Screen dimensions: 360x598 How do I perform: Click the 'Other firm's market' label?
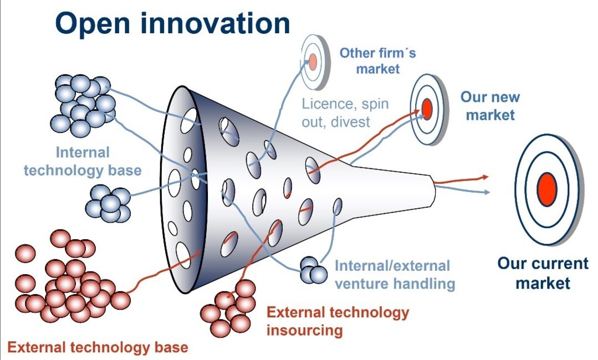377,61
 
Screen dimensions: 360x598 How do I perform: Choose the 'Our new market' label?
490,106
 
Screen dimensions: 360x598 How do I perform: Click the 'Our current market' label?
543,272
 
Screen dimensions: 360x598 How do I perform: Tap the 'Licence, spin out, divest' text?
345,112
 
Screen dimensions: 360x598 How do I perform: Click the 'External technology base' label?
98,348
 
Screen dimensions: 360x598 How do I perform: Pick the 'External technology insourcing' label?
337,321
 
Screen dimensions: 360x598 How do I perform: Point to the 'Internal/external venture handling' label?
394,275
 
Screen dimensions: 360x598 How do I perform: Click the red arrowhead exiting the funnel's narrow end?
485,177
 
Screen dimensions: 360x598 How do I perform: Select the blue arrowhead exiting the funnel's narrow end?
487,192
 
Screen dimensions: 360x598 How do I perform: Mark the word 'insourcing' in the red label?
304,331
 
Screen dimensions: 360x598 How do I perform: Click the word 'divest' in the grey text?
351,121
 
